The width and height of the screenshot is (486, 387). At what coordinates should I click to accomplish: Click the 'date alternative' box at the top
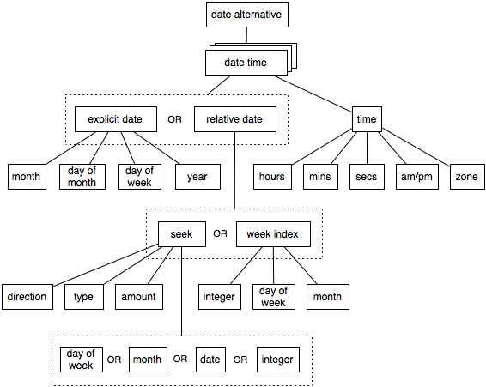click(x=246, y=15)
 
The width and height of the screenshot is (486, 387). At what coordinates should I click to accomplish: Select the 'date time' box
click(x=245, y=63)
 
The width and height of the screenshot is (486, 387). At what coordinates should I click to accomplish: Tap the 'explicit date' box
click(x=114, y=118)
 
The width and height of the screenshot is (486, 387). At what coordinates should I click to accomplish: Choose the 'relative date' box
click(x=234, y=118)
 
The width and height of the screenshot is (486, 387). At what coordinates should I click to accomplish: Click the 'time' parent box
click(x=367, y=119)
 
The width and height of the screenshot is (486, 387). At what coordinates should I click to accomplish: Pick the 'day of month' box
click(x=83, y=177)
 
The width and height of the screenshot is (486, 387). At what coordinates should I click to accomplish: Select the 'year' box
click(x=197, y=177)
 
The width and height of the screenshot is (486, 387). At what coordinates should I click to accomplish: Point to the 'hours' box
click(x=271, y=177)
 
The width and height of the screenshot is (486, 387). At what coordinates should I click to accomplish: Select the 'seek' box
click(x=181, y=233)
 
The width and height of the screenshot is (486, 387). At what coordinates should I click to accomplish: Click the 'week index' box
click(x=272, y=233)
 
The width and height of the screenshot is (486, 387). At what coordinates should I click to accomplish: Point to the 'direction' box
click(x=27, y=296)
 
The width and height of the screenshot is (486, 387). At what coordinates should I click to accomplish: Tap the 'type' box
click(x=83, y=296)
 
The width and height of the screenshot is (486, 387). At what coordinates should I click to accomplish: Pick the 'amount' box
click(x=138, y=296)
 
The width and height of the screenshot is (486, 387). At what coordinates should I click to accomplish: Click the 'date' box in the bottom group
click(x=210, y=359)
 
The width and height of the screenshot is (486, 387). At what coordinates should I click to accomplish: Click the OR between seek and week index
click(x=221, y=233)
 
